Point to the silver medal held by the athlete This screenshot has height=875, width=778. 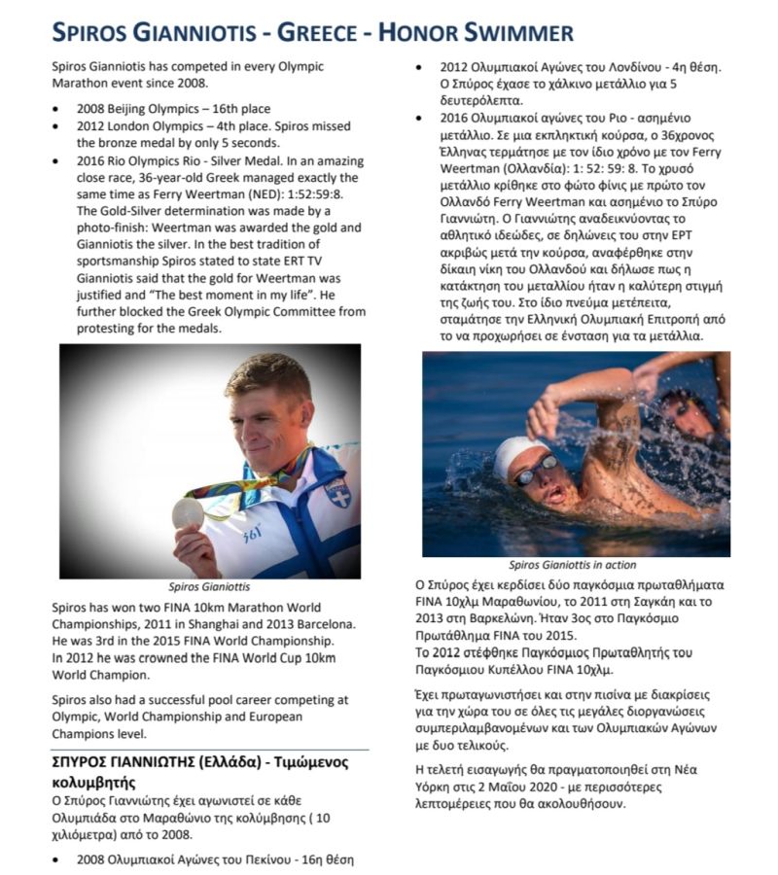click(x=188, y=511)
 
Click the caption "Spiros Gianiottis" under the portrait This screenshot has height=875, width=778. click(x=209, y=587)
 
